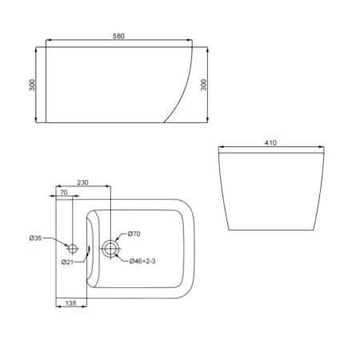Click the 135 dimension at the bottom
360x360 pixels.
pyautogui.click(x=70, y=304)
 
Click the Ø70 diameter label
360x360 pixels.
pyautogui.click(x=134, y=234)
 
